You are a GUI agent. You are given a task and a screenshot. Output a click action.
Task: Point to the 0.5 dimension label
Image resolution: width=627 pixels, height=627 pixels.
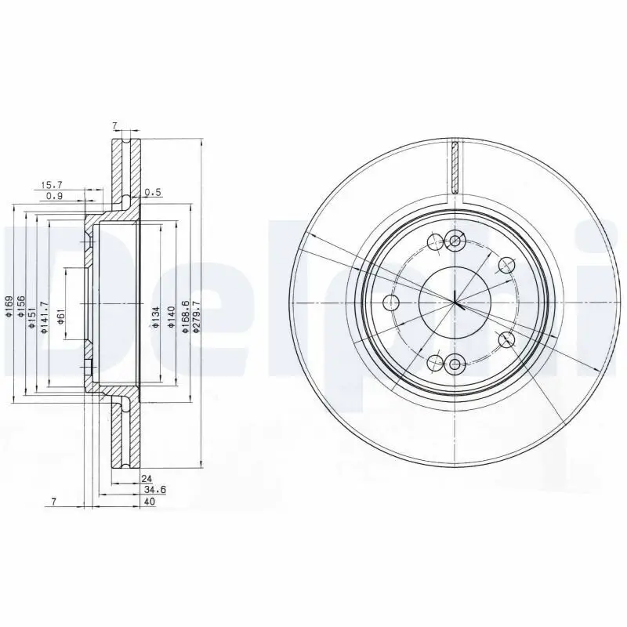154,193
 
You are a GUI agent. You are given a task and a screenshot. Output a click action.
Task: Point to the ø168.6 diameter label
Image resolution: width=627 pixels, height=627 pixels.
185,317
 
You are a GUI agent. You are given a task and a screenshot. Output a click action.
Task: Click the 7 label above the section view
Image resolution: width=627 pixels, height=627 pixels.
114,125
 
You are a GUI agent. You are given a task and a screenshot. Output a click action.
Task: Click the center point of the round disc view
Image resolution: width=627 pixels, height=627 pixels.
455,303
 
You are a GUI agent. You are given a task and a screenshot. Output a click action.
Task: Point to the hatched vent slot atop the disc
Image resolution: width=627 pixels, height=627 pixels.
455,166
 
